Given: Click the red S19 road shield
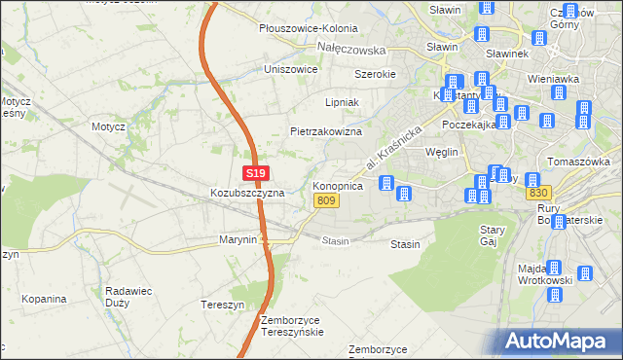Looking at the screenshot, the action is pyautogui.click(x=255, y=173).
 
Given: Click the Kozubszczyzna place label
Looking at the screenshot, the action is pyautogui.click(x=247, y=193).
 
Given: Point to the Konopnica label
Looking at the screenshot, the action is pyautogui.click(x=338, y=185).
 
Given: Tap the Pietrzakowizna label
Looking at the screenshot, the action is pyautogui.click(x=326, y=130).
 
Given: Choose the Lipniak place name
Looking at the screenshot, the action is pyautogui.click(x=342, y=101).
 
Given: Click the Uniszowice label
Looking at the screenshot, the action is pyautogui.click(x=291, y=69).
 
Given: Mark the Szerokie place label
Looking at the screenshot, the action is pyautogui.click(x=375, y=74).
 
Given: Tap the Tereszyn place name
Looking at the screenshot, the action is pyautogui.click(x=221, y=304).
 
